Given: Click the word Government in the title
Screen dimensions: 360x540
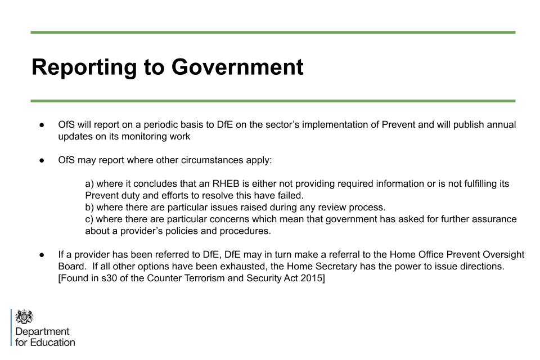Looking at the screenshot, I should coord(237,67).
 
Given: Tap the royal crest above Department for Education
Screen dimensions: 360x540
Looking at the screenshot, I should coord(24,316).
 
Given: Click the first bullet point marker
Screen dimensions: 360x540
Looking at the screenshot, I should coord(42,125).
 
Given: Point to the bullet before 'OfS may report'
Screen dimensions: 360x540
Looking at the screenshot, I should coord(42,160).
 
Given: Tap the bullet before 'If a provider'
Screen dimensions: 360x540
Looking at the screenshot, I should coord(42,255).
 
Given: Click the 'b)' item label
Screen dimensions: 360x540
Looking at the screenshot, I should coord(89,208).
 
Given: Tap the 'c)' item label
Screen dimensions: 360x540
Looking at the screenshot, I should coord(89,219).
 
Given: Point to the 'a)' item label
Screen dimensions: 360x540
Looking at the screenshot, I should coord(89,184).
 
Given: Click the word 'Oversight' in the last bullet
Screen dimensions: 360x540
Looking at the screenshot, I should coord(504,255).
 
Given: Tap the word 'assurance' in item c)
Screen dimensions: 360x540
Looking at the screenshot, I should coord(496,219).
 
